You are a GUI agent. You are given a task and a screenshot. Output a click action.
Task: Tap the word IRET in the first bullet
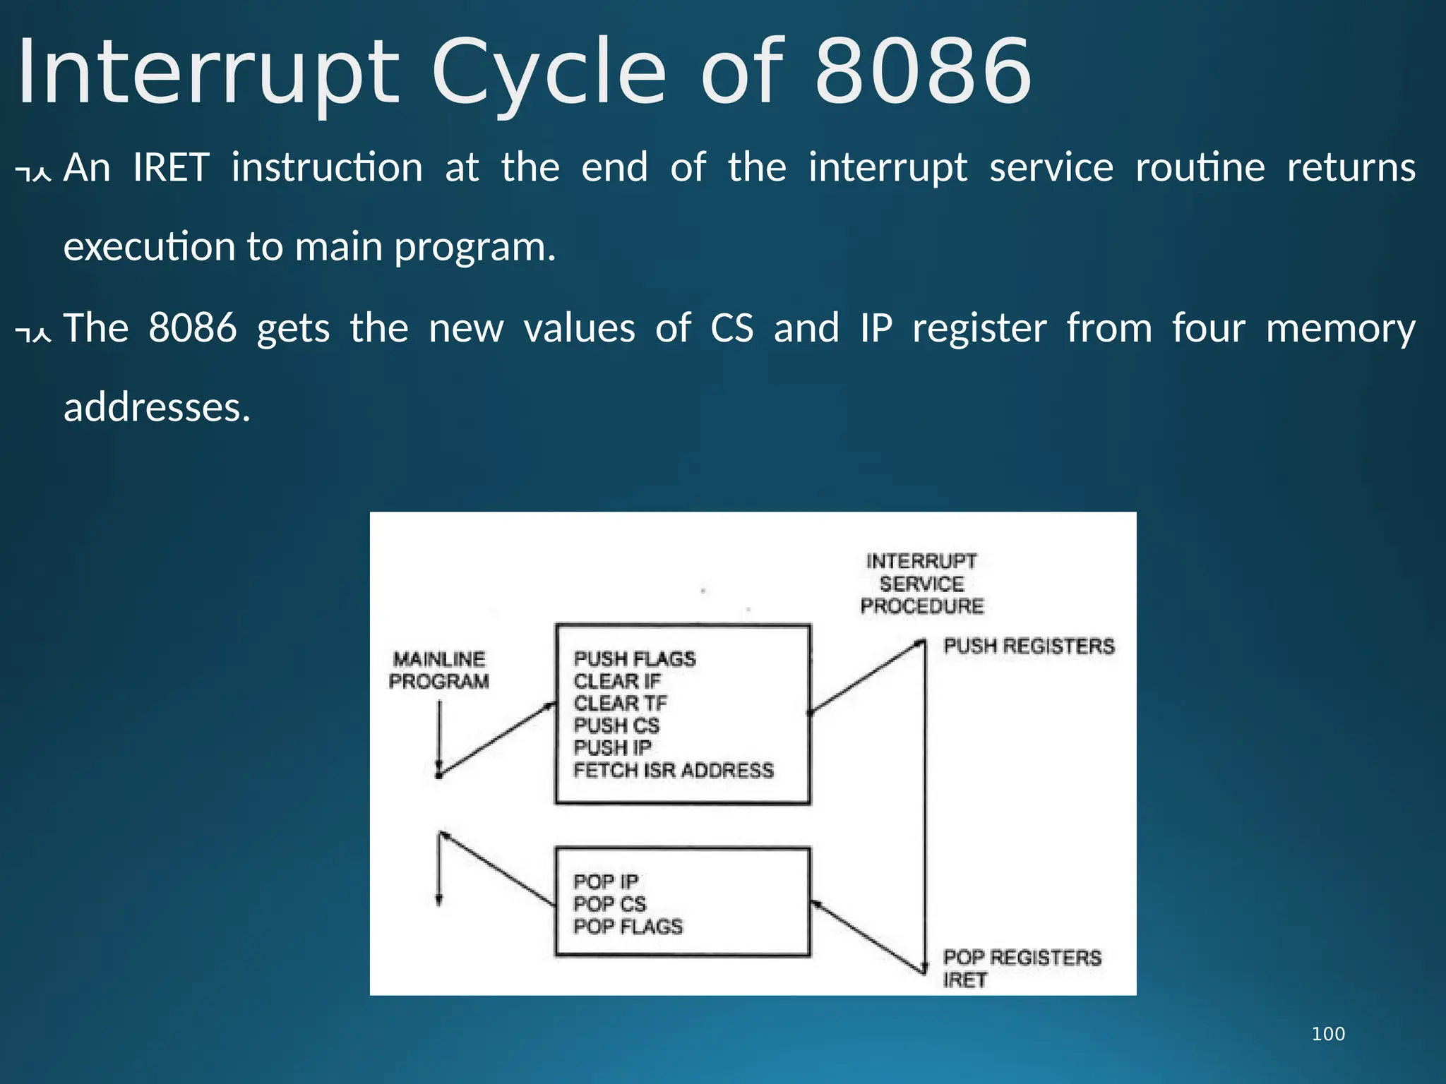click(171, 168)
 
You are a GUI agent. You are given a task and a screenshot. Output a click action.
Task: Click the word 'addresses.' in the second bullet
click(157, 408)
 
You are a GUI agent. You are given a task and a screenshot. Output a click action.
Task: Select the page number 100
click(1328, 1034)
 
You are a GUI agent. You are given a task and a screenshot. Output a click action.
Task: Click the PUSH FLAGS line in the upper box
click(634, 659)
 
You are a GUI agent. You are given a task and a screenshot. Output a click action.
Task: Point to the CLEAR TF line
click(620, 704)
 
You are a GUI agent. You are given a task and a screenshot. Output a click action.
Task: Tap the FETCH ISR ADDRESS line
click(673, 770)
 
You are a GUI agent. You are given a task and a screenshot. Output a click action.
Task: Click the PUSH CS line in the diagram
click(616, 725)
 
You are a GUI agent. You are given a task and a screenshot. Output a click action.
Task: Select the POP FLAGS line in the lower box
click(628, 927)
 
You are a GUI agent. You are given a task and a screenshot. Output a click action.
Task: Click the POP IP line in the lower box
click(605, 882)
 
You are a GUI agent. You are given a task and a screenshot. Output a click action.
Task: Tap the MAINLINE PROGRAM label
click(438, 670)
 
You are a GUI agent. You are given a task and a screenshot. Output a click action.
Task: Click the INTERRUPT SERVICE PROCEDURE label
click(921, 584)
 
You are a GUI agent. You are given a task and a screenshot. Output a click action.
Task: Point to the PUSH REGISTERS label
click(1029, 646)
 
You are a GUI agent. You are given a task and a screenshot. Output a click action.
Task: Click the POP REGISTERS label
click(1022, 958)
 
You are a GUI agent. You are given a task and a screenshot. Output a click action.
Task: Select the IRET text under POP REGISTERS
click(964, 980)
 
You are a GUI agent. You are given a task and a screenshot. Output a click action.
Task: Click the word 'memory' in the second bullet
click(1340, 329)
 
